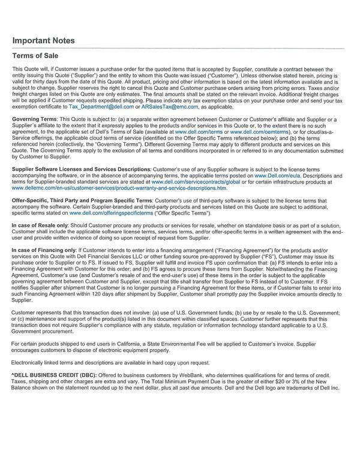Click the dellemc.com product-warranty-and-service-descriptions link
pyautogui.click(x=119, y=187)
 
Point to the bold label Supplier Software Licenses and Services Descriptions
pyautogui.click(x=81, y=169)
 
